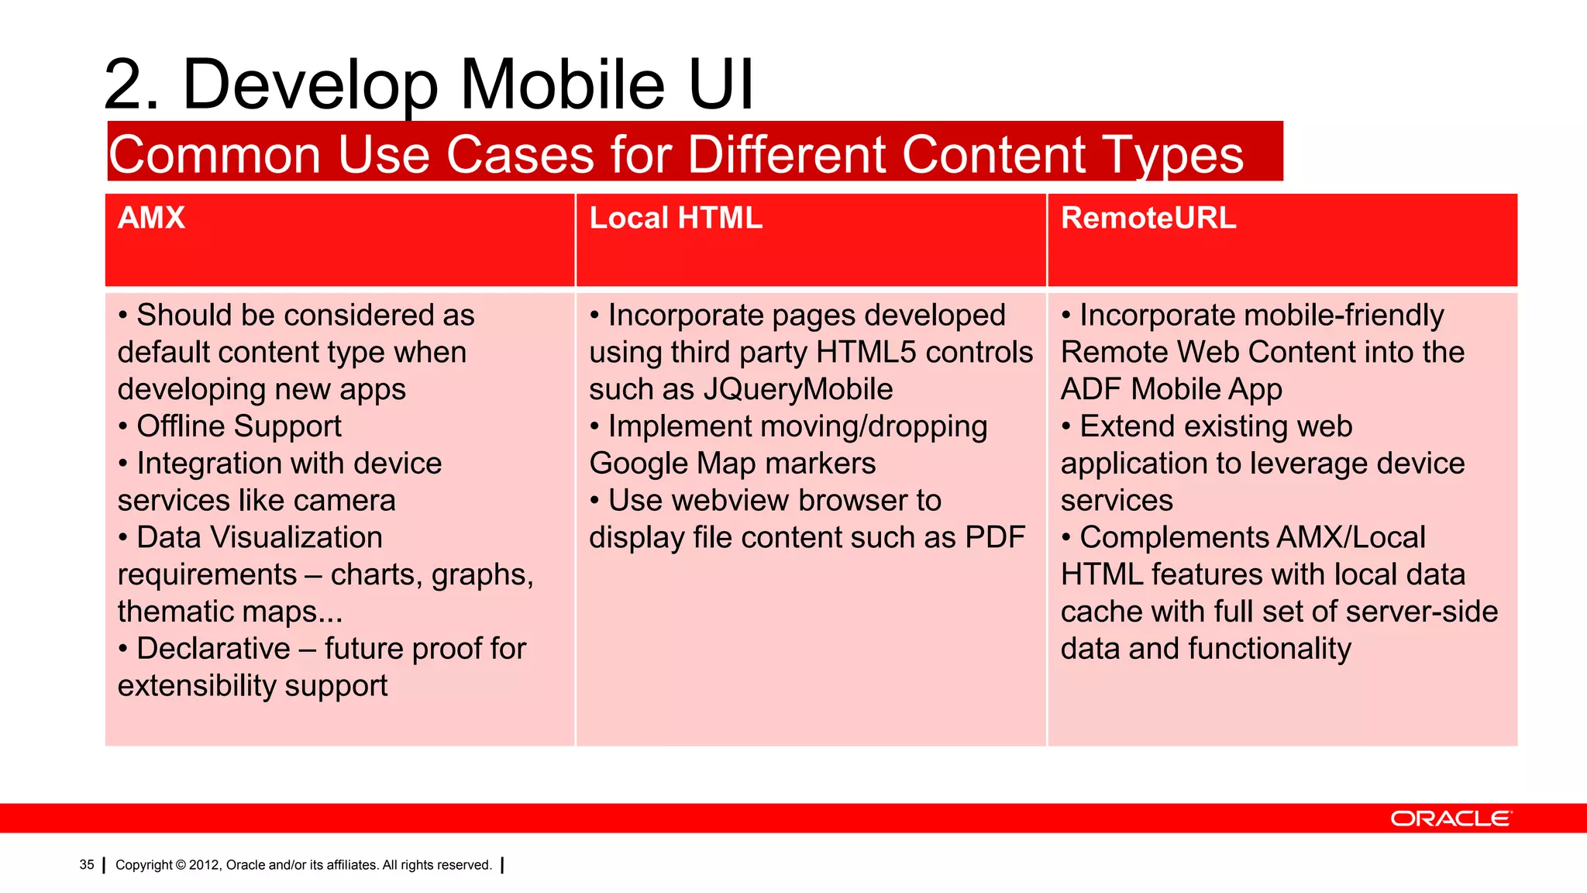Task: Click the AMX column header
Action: (151, 218)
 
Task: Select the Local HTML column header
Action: (676, 218)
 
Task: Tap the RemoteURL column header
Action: (1148, 218)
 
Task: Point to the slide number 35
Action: (87, 864)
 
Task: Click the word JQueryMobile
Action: (797, 389)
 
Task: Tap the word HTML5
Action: (866, 353)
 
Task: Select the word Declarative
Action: (213, 649)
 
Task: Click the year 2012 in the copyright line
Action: (204, 865)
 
